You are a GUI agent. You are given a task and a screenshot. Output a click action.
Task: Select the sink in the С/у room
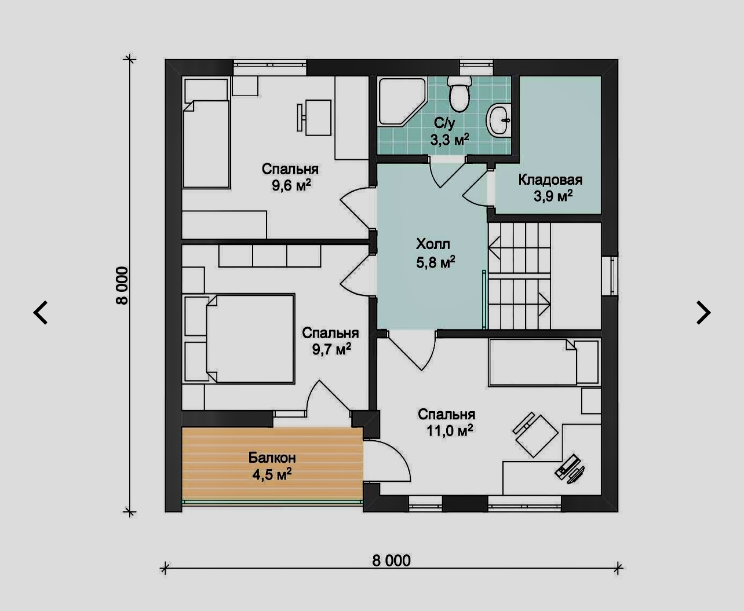498,120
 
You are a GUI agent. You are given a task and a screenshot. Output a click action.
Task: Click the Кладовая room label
550,180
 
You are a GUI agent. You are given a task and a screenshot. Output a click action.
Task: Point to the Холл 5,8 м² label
435,254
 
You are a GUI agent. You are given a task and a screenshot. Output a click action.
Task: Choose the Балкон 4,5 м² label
272,466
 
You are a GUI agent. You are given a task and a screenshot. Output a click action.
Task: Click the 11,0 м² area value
450,431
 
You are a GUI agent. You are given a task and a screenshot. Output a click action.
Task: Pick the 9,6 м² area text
291,185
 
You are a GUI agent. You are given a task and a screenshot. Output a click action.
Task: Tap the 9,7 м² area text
331,349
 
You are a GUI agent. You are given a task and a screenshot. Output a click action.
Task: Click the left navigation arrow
41,312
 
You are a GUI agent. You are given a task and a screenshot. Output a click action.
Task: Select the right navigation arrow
703,312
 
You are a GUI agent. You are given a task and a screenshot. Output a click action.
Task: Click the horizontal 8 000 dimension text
391,561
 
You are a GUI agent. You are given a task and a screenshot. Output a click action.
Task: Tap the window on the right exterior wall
614,276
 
